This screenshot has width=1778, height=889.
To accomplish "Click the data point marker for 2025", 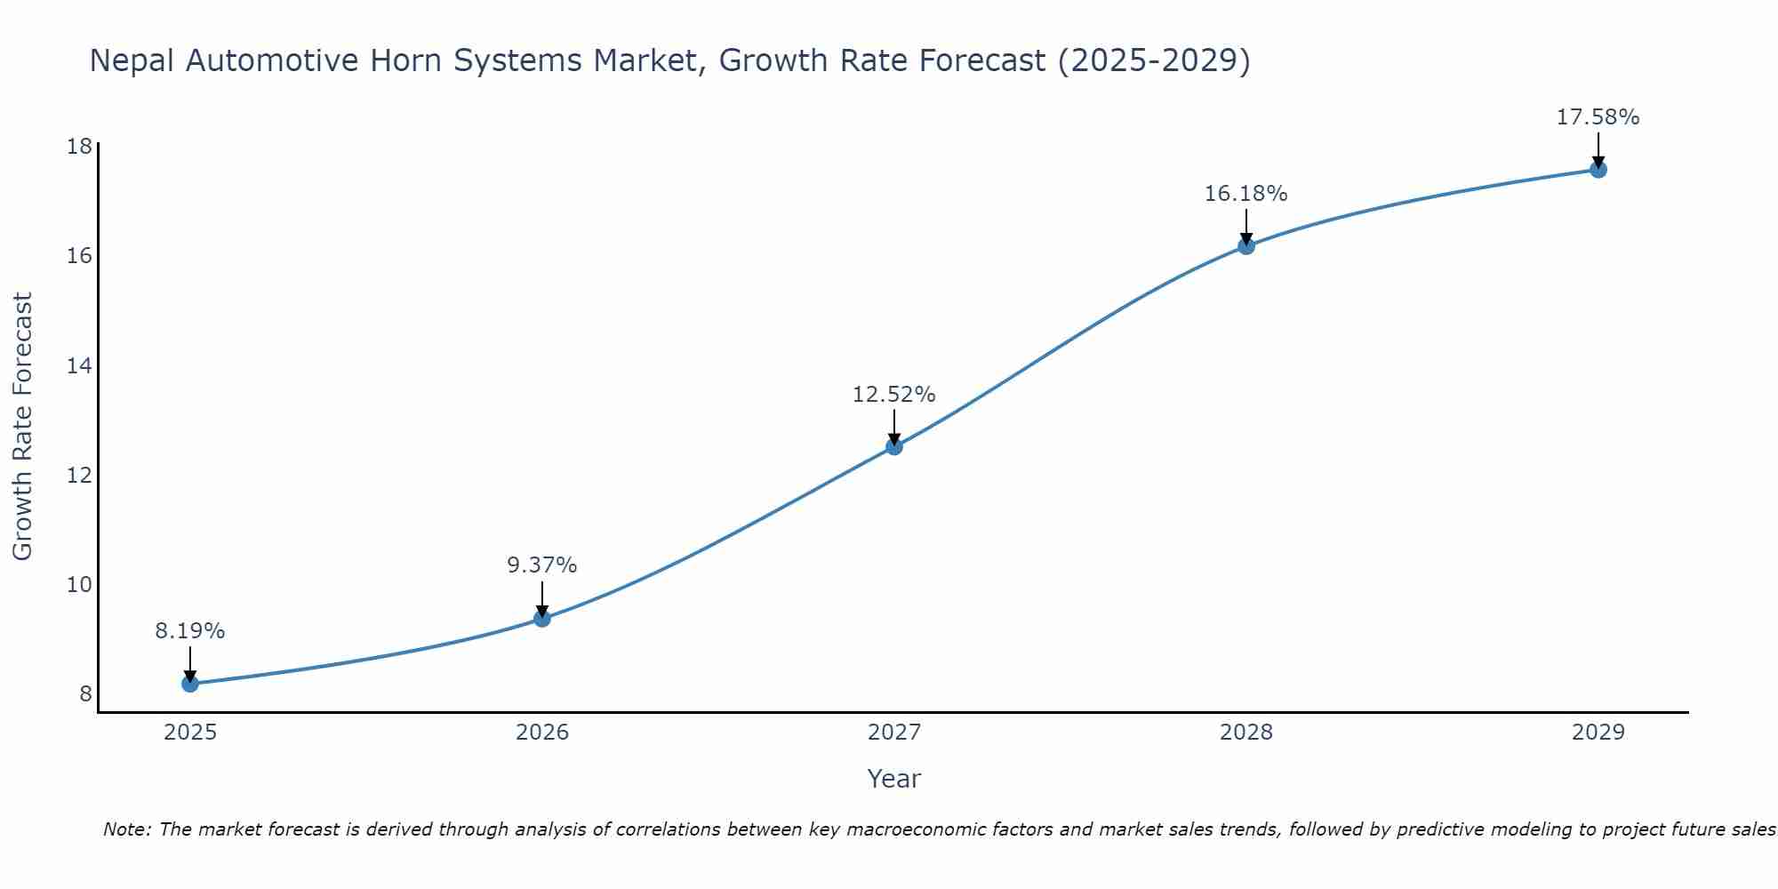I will (x=190, y=684).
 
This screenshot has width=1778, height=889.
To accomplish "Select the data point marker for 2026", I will (x=542, y=618).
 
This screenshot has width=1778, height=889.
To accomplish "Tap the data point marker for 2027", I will (x=894, y=446).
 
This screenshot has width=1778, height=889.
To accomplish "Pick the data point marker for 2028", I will (x=1246, y=246).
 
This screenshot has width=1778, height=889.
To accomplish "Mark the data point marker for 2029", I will (x=1598, y=170).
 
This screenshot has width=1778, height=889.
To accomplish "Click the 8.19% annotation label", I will (x=190, y=631).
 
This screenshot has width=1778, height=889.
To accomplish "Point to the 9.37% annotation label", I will (x=542, y=565).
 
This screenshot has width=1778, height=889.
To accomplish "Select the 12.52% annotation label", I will (x=894, y=395).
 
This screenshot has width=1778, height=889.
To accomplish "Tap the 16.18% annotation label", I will (x=1246, y=194).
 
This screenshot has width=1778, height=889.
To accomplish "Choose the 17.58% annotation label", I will (x=1598, y=117).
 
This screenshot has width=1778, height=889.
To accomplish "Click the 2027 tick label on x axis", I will (x=894, y=733).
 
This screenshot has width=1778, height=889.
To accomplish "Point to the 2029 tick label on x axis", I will (x=1598, y=733).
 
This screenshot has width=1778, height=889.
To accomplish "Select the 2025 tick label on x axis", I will (x=190, y=733).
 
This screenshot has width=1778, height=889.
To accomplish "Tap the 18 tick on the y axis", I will (x=80, y=147).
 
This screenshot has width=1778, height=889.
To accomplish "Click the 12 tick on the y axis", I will (x=80, y=476).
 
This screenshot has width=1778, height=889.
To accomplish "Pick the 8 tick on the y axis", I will (x=85, y=694).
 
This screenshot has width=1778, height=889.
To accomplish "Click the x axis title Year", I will (x=894, y=779).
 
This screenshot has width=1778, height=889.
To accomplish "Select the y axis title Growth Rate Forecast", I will (x=23, y=427).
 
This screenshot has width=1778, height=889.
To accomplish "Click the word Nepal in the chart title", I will (x=132, y=60).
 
